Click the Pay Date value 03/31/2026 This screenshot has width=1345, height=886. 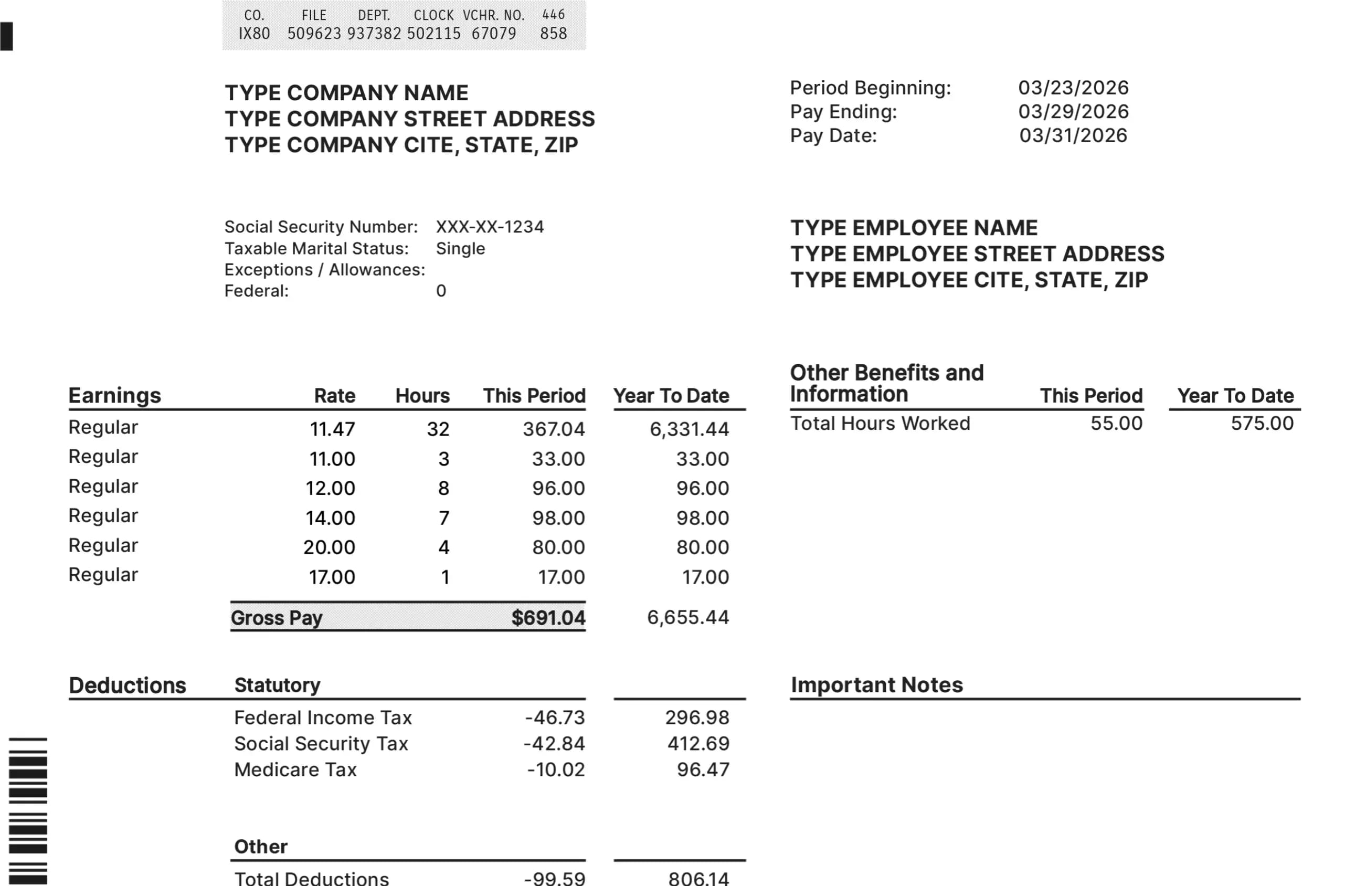coord(1073,136)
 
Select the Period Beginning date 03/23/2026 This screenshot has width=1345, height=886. coord(1073,88)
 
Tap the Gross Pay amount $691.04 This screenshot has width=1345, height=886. coord(548,617)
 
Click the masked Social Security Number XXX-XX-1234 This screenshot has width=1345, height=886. coord(490,227)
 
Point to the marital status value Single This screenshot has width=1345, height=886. coord(460,249)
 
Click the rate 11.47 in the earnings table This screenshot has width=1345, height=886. coord(332,429)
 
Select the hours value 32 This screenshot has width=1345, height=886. coord(438,429)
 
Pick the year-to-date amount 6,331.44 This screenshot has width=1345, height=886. coord(689,429)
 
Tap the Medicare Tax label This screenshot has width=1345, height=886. coord(295,769)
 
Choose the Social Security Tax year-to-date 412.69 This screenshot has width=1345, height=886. coord(698,744)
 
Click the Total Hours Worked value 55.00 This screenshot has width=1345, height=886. coord(1116,424)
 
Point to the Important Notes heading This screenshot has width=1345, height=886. coord(876,685)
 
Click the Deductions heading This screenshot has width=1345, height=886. coord(127,685)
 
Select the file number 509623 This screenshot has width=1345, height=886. coord(314,34)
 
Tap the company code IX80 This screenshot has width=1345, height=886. coord(255,34)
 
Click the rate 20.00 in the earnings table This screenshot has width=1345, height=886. coord(329,547)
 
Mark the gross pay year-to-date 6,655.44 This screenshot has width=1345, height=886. coord(688,617)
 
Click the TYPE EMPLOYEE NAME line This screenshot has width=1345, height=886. coord(914,228)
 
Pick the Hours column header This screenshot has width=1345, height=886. coord(422,396)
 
